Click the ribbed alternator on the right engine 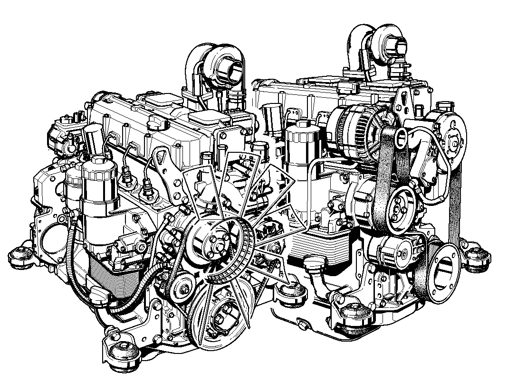coord(349,126)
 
